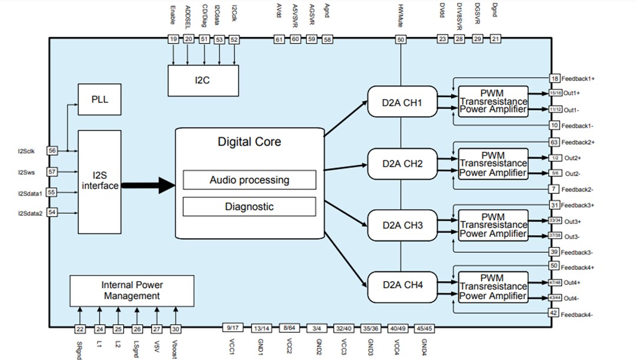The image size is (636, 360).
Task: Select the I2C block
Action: click(203, 80)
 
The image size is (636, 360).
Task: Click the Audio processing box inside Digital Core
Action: click(249, 180)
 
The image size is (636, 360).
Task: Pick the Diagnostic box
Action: click(249, 206)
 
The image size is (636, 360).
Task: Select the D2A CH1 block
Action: click(402, 103)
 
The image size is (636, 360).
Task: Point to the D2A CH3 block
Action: click(402, 225)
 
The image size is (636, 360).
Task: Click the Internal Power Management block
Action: click(132, 290)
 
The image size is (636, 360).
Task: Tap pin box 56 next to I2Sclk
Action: click(52, 151)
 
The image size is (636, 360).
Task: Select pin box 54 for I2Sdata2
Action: click(52, 212)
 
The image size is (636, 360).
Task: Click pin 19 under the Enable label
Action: click(173, 39)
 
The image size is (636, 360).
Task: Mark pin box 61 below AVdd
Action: click(279, 39)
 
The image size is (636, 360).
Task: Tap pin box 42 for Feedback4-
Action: click(554, 313)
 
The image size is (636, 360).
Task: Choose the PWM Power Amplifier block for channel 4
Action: click(493, 286)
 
